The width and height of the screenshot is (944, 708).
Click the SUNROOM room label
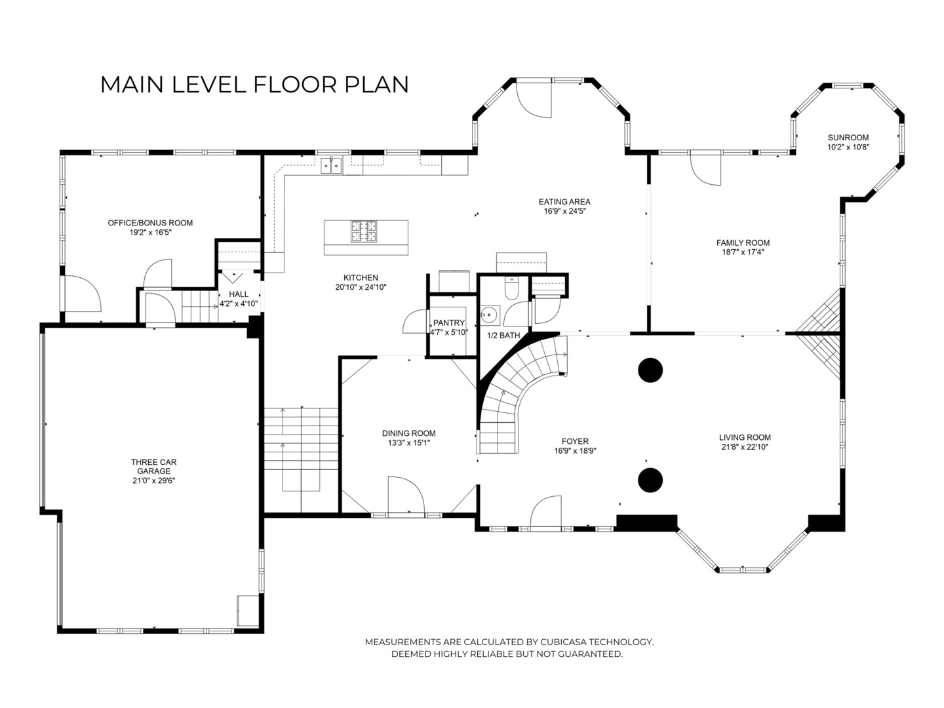(848, 138)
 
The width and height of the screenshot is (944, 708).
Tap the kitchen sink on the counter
(331, 165)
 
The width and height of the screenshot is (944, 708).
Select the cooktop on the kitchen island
(363, 231)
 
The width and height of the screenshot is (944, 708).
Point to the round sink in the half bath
(490, 315)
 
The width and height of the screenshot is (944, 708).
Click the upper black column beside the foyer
(650, 370)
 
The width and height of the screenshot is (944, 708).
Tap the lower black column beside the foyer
(650, 480)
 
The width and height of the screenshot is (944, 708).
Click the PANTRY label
(449, 323)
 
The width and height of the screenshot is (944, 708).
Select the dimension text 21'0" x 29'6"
(154, 481)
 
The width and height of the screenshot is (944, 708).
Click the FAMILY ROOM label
(743, 243)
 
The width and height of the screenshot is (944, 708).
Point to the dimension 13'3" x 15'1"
(408, 442)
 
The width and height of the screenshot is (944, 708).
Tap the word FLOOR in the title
(295, 85)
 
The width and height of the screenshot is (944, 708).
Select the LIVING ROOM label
(745, 438)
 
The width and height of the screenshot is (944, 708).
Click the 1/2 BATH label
(503, 335)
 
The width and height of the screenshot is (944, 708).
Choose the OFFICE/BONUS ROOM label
(150, 223)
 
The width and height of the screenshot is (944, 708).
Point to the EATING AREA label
(564, 202)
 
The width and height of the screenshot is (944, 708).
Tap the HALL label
(238, 294)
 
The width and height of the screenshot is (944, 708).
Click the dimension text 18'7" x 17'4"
(743, 252)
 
